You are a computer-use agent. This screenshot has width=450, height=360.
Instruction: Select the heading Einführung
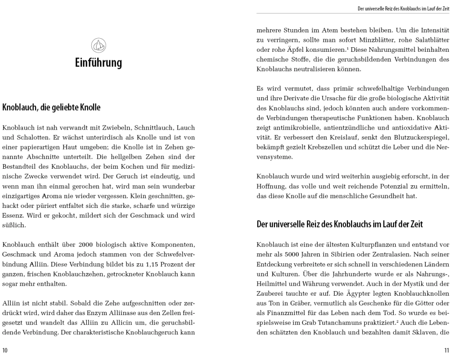click(98, 62)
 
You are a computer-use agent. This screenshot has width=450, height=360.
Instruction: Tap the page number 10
click(5, 349)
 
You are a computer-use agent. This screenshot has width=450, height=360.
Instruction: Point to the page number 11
click(446, 349)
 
